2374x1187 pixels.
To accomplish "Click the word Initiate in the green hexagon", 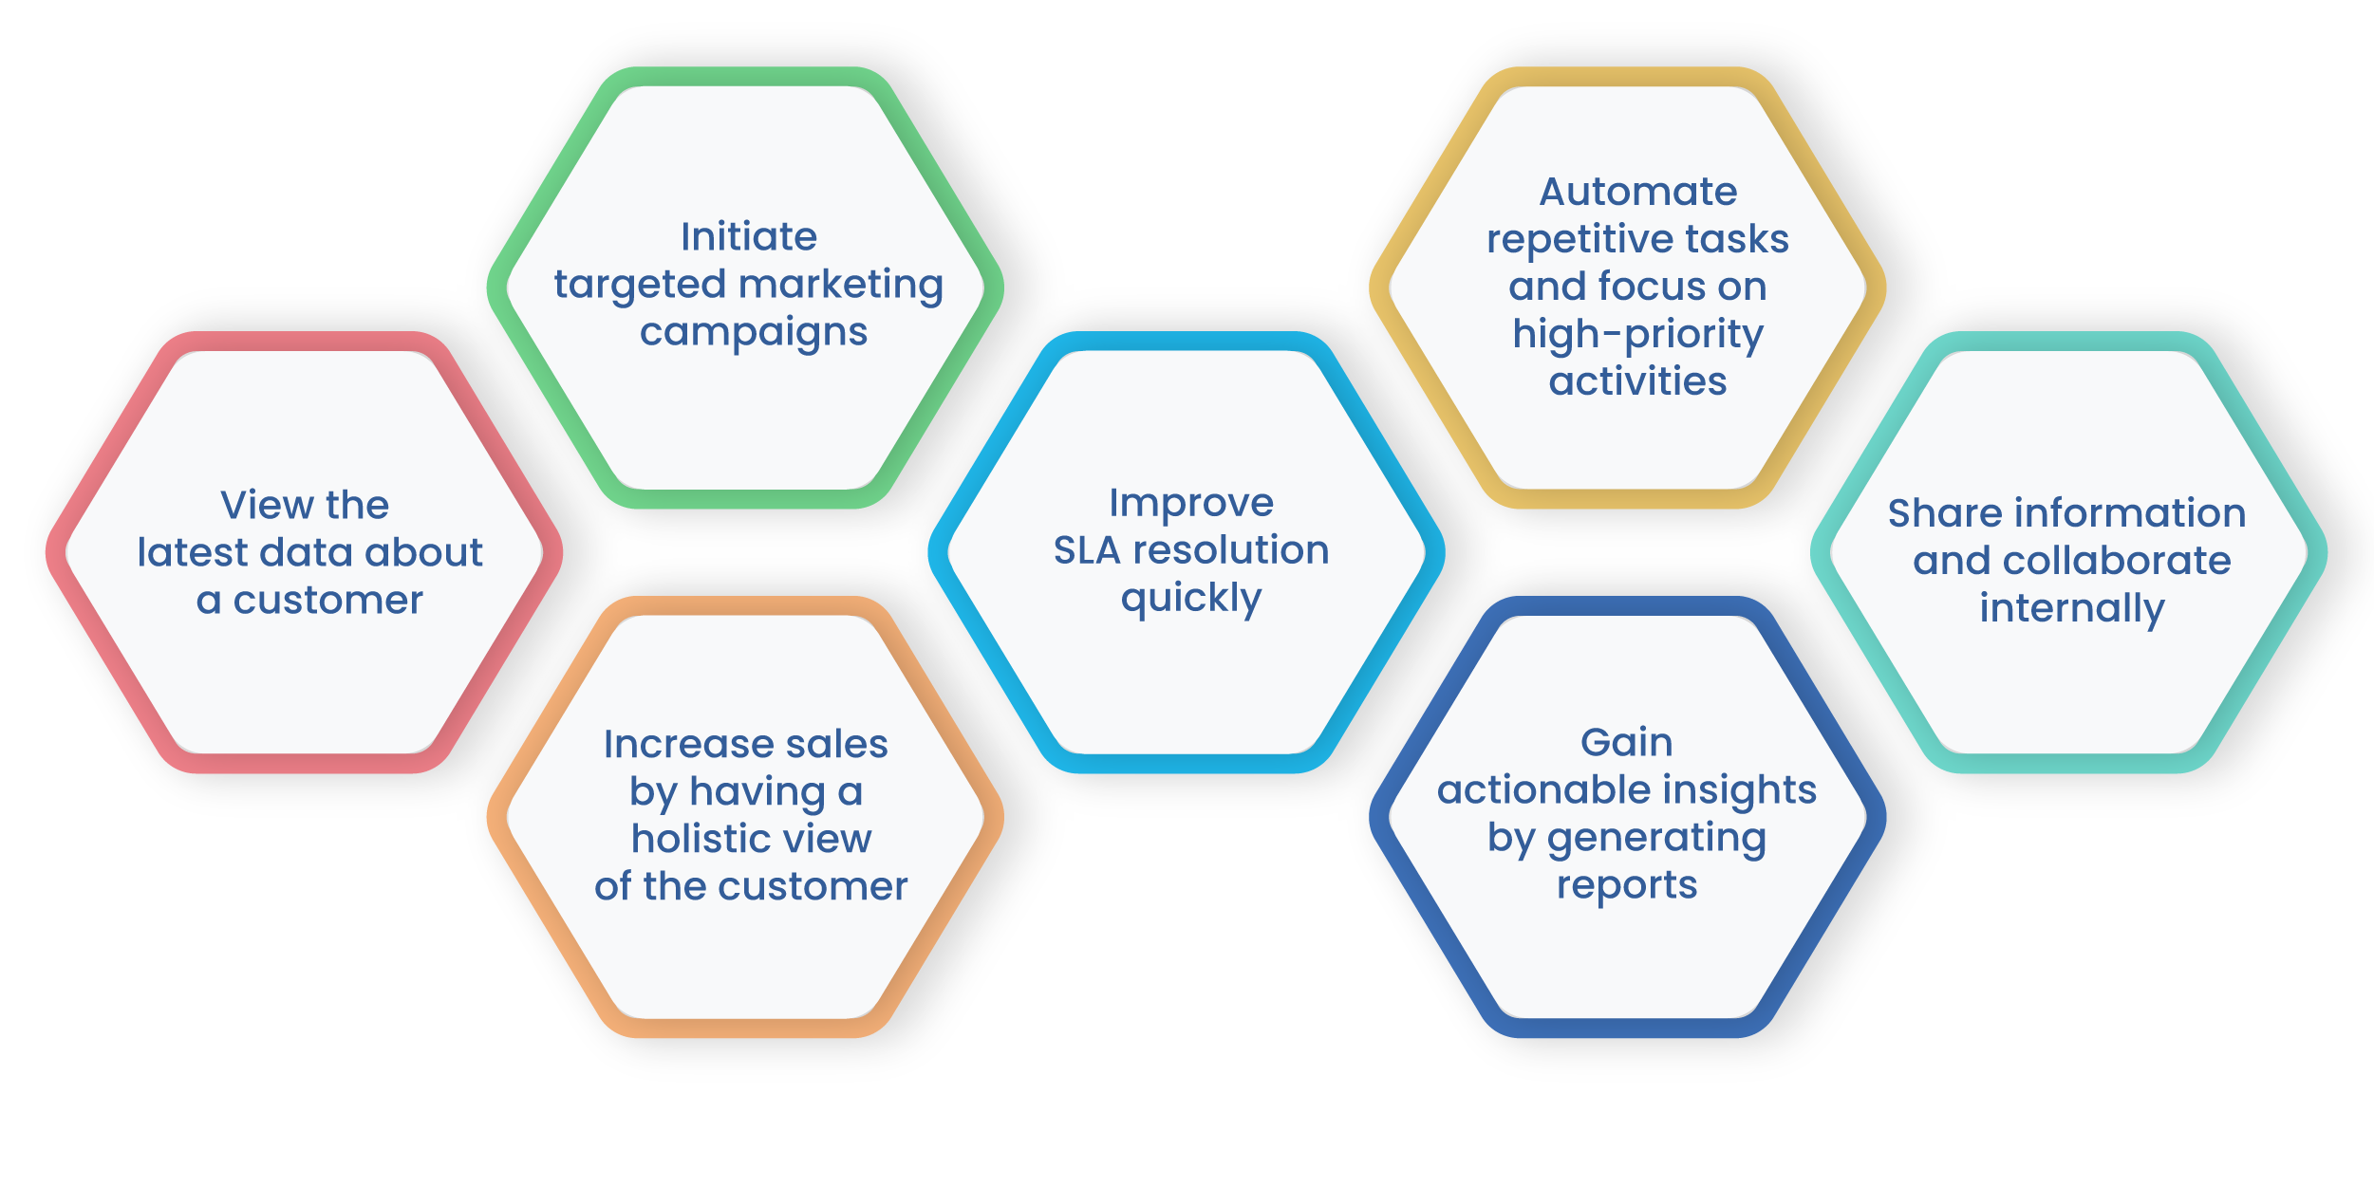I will [748, 237].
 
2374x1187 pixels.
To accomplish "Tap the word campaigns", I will [753, 333].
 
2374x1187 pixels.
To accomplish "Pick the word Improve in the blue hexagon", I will [1190, 503].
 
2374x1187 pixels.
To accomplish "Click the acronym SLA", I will [1086, 550].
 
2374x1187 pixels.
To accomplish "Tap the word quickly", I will [1190, 600].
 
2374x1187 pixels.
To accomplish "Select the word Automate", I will [1637, 192].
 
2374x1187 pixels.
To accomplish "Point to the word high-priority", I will [1637, 335].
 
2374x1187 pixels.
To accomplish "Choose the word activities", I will [1637, 381].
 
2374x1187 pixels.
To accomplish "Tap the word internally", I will [2071, 609].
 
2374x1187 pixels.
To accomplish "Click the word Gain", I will [1626, 742].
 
